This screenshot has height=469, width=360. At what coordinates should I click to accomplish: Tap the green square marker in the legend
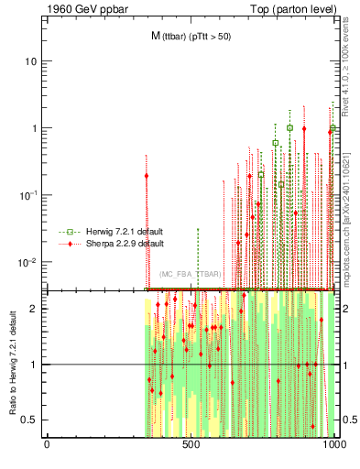tap(64, 233)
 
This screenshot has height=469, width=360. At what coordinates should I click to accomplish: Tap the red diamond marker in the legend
tap(64, 245)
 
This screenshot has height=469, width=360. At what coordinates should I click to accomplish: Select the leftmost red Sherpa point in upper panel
tap(147, 176)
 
